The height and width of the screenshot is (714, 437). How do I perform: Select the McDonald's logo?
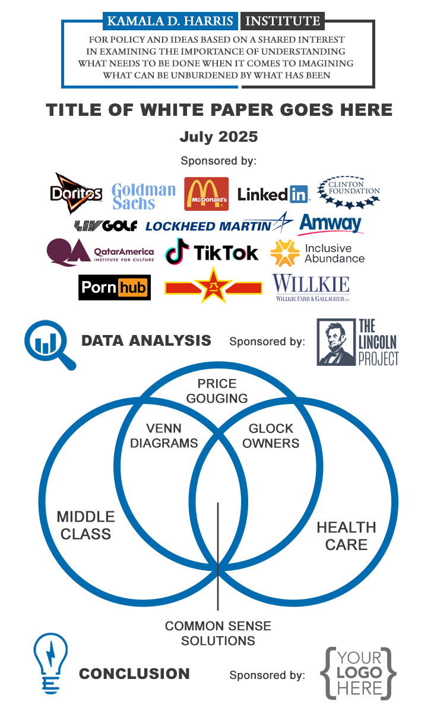[206, 194]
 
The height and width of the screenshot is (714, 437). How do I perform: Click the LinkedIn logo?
[273, 194]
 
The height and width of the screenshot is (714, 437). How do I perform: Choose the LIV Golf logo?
[106, 226]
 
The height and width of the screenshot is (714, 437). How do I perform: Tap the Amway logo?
[330, 224]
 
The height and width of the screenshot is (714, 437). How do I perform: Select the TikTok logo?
[211, 252]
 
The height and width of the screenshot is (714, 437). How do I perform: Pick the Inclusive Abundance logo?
[317, 254]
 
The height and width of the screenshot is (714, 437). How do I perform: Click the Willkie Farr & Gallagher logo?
[311, 288]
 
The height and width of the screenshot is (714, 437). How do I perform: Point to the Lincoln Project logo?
[357, 342]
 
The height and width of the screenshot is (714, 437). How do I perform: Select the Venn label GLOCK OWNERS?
[271, 436]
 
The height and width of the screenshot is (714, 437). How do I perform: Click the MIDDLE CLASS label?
[86, 525]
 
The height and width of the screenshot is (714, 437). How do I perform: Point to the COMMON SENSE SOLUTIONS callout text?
[218, 633]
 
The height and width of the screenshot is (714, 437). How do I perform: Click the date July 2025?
[218, 137]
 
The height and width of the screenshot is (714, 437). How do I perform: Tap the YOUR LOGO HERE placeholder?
[359, 673]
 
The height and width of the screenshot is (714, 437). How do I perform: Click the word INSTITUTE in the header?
[283, 21]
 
